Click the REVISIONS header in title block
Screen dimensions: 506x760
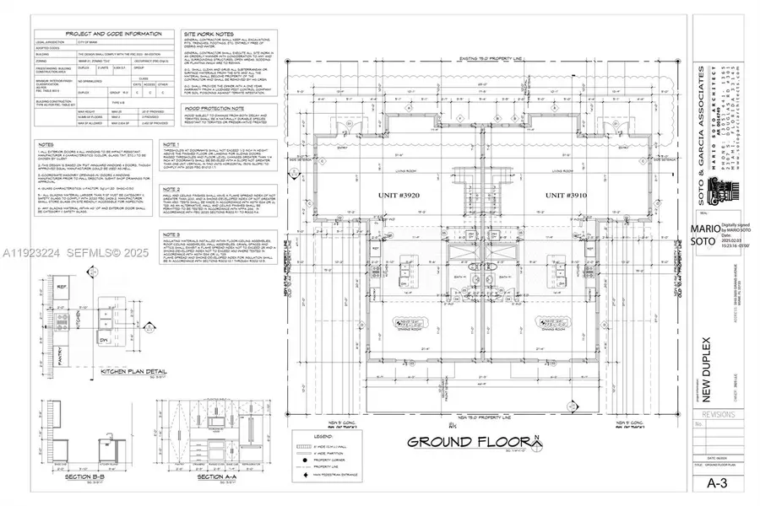[715, 414]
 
